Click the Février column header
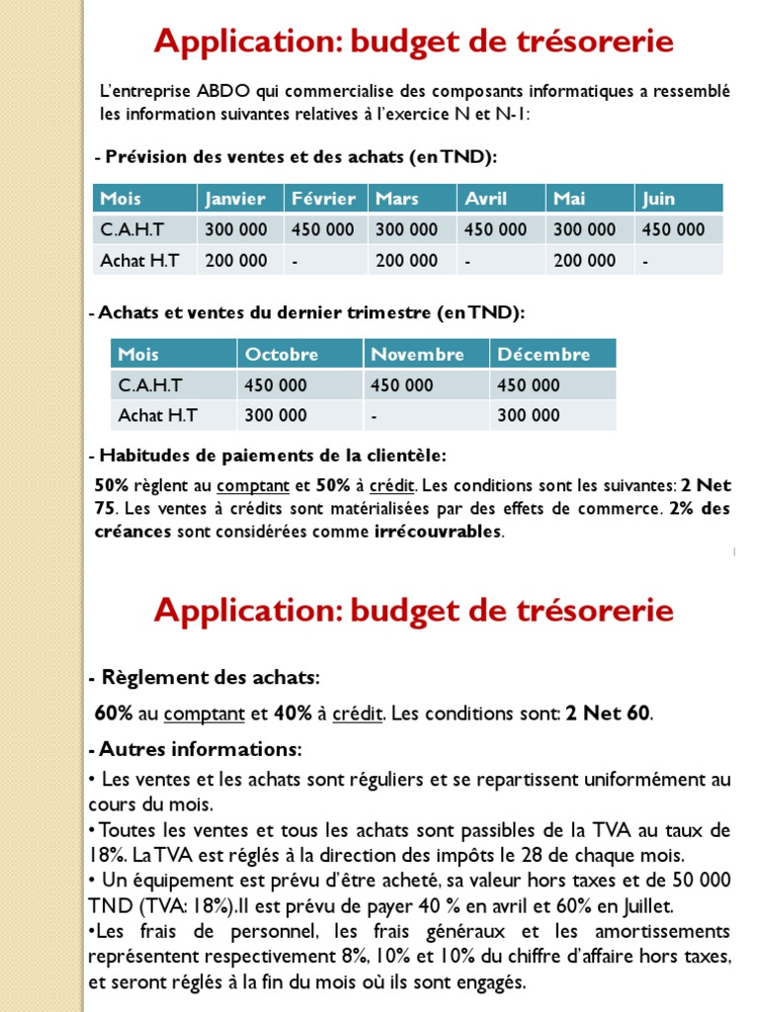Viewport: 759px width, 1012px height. (323, 199)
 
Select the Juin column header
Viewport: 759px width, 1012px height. (659, 199)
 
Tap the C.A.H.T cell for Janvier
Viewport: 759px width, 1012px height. (236, 229)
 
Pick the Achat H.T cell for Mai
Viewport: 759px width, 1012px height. (585, 261)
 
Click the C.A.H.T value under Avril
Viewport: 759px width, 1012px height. (496, 229)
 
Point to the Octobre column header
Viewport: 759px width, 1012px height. (282, 354)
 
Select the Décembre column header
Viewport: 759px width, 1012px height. (544, 354)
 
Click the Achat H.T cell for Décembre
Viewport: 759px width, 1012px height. (529, 416)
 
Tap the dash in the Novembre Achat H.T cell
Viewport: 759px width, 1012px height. (375, 416)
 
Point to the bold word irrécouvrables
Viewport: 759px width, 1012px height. (439, 532)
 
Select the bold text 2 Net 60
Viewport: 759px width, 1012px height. (609, 713)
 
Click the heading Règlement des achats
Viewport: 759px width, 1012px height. (209, 678)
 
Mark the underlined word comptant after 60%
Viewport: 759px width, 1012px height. (205, 713)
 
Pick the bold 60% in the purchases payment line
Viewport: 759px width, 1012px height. (113, 713)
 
